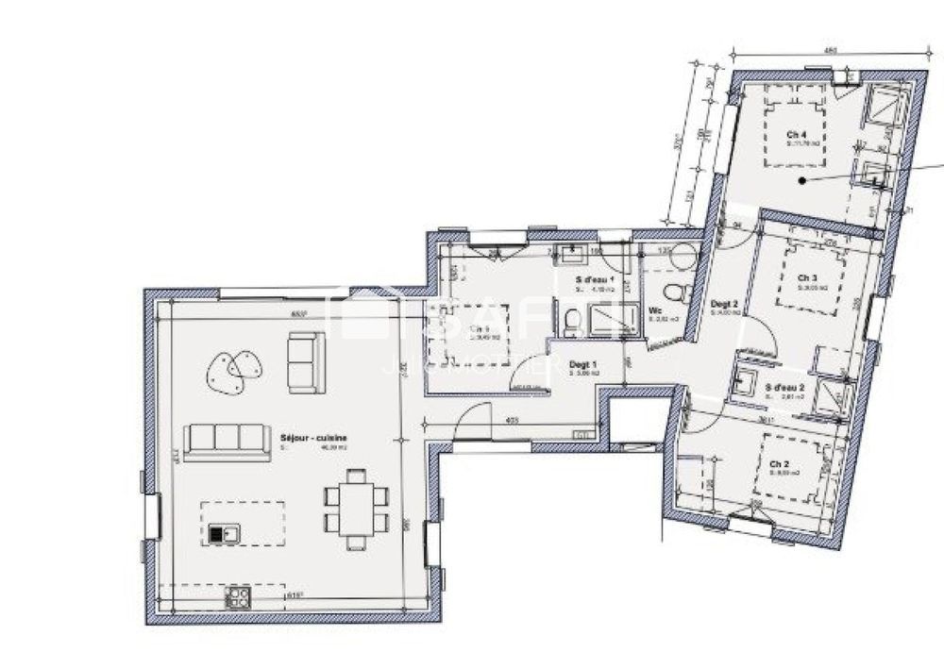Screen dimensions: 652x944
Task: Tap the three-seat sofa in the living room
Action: [x=224, y=441]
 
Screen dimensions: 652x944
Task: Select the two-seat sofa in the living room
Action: [x=306, y=362]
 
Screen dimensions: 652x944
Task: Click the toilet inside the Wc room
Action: [x=674, y=288]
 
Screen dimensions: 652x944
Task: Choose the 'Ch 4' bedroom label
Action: [x=797, y=134]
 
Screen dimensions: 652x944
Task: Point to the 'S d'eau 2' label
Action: [x=784, y=387]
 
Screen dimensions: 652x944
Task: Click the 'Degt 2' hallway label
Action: [x=723, y=304]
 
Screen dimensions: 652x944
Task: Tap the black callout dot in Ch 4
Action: [x=801, y=179]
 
